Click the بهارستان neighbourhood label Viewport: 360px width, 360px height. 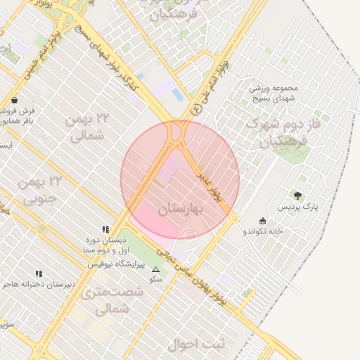180,209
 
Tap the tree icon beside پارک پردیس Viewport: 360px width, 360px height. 297,195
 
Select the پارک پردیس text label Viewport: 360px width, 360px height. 297,207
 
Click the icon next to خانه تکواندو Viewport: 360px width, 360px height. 263,221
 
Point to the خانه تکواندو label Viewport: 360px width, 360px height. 263,231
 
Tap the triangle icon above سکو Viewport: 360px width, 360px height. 156,269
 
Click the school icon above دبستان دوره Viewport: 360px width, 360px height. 105,229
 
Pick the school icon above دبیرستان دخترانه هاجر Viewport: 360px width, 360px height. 39,274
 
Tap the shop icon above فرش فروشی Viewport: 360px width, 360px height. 15,100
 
